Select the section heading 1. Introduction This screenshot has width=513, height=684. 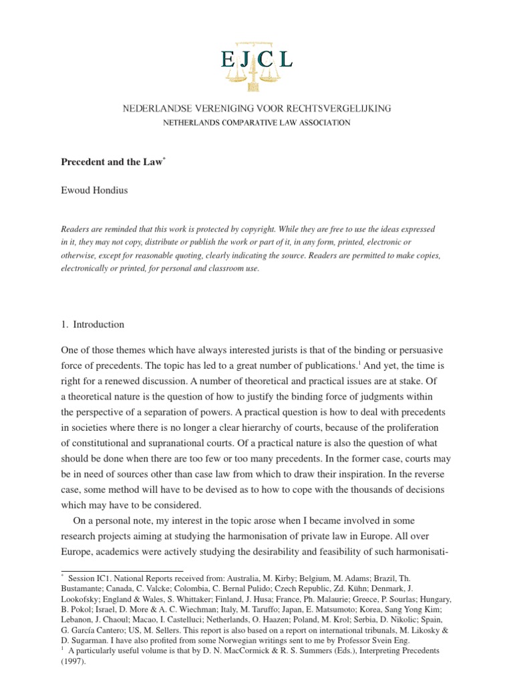(x=93, y=325)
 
